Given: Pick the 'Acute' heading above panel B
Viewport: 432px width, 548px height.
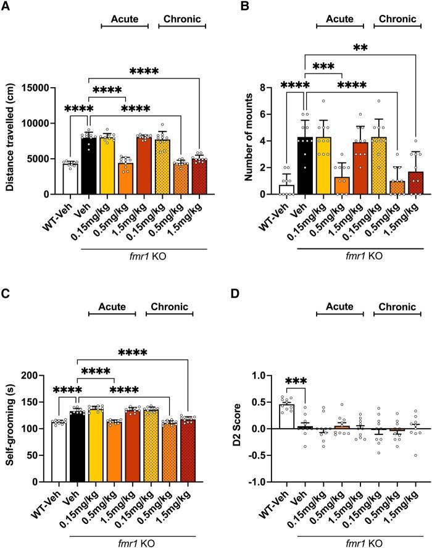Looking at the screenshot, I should click(336, 19).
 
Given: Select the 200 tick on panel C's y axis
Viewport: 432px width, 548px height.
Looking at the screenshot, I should click(40, 375).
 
